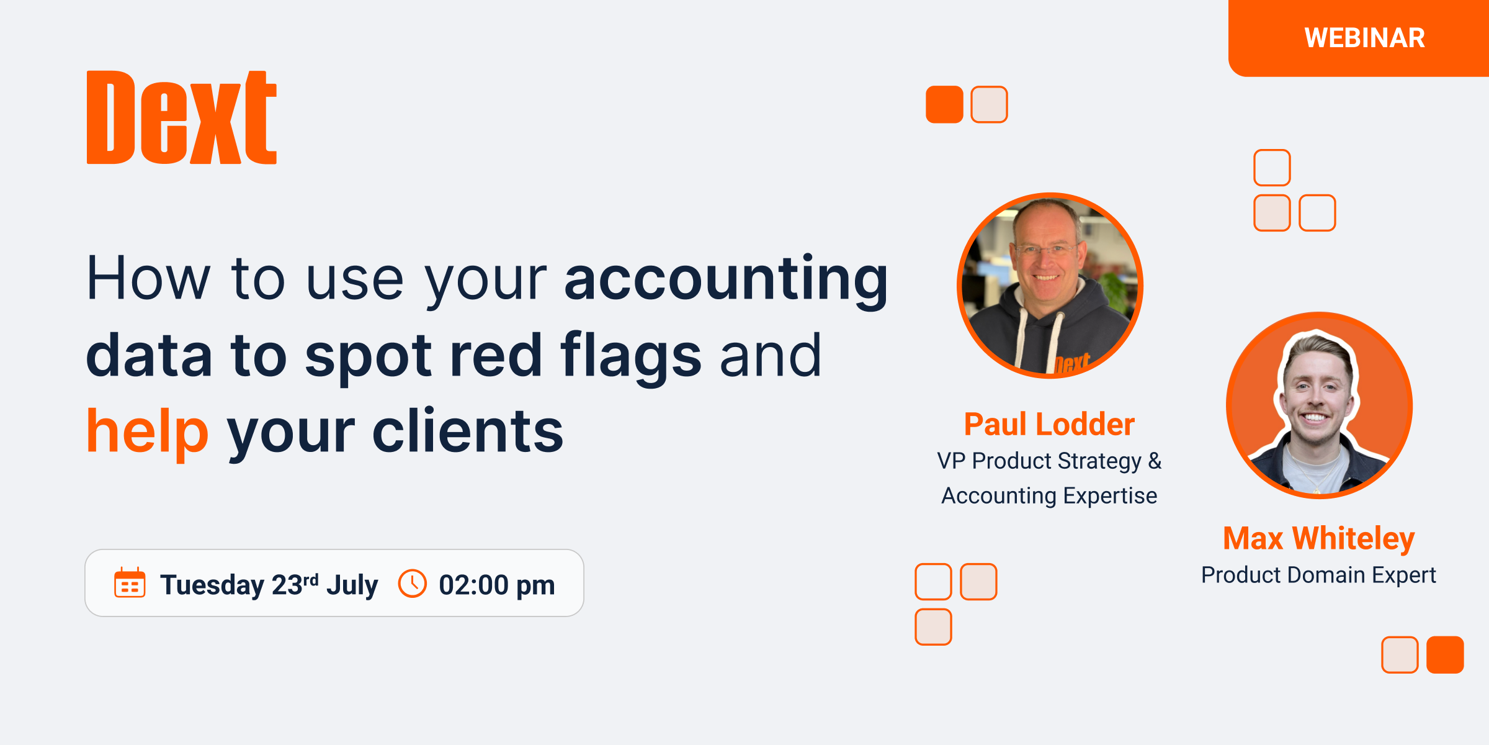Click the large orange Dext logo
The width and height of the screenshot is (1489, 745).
tap(181, 118)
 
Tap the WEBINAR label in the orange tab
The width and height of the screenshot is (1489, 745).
tap(1364, 38)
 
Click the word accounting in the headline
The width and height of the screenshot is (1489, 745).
tap(726, 279)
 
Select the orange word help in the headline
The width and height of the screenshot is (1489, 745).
tap(148, 431)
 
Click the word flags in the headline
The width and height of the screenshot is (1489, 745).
tap(630, 355)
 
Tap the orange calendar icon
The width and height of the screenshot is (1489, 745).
tap(130, 583)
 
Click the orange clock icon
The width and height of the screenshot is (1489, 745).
tap(413, 584)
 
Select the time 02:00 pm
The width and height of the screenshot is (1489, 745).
tap(496, 585)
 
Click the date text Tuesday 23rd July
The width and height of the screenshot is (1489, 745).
tap(269, 585)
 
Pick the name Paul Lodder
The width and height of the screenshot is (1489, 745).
tap(1049, 425)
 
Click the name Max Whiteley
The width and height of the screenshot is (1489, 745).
tap(1318, 538)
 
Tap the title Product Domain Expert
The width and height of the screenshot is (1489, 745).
tap(1318, 575)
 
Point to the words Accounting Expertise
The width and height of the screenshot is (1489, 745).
tap(1049, 496)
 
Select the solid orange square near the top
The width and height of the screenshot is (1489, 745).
tap(944, 104)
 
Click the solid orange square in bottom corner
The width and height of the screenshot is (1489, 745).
tap(1445, 655)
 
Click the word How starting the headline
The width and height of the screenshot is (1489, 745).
tap(148, 279)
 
